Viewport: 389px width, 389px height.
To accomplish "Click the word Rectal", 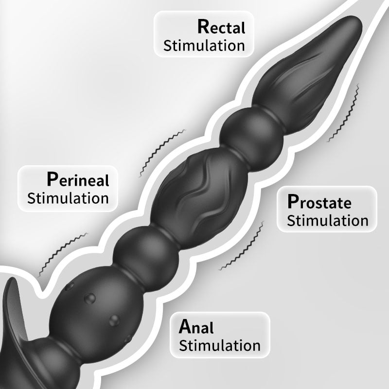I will (x=221, y=26).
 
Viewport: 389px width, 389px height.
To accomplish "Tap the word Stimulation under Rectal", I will (x=204, y=46).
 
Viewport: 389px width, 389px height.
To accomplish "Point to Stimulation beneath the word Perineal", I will (x=68, y=198).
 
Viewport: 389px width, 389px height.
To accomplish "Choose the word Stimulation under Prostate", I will (x=327, y=220).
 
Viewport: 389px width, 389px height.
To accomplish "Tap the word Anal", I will (x=196, y=327).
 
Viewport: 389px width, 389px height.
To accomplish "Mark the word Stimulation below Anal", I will (x=220, y=346).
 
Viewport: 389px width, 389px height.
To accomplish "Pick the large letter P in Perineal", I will (x=52, y=179).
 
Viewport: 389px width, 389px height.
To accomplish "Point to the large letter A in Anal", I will (x=185, y=326).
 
